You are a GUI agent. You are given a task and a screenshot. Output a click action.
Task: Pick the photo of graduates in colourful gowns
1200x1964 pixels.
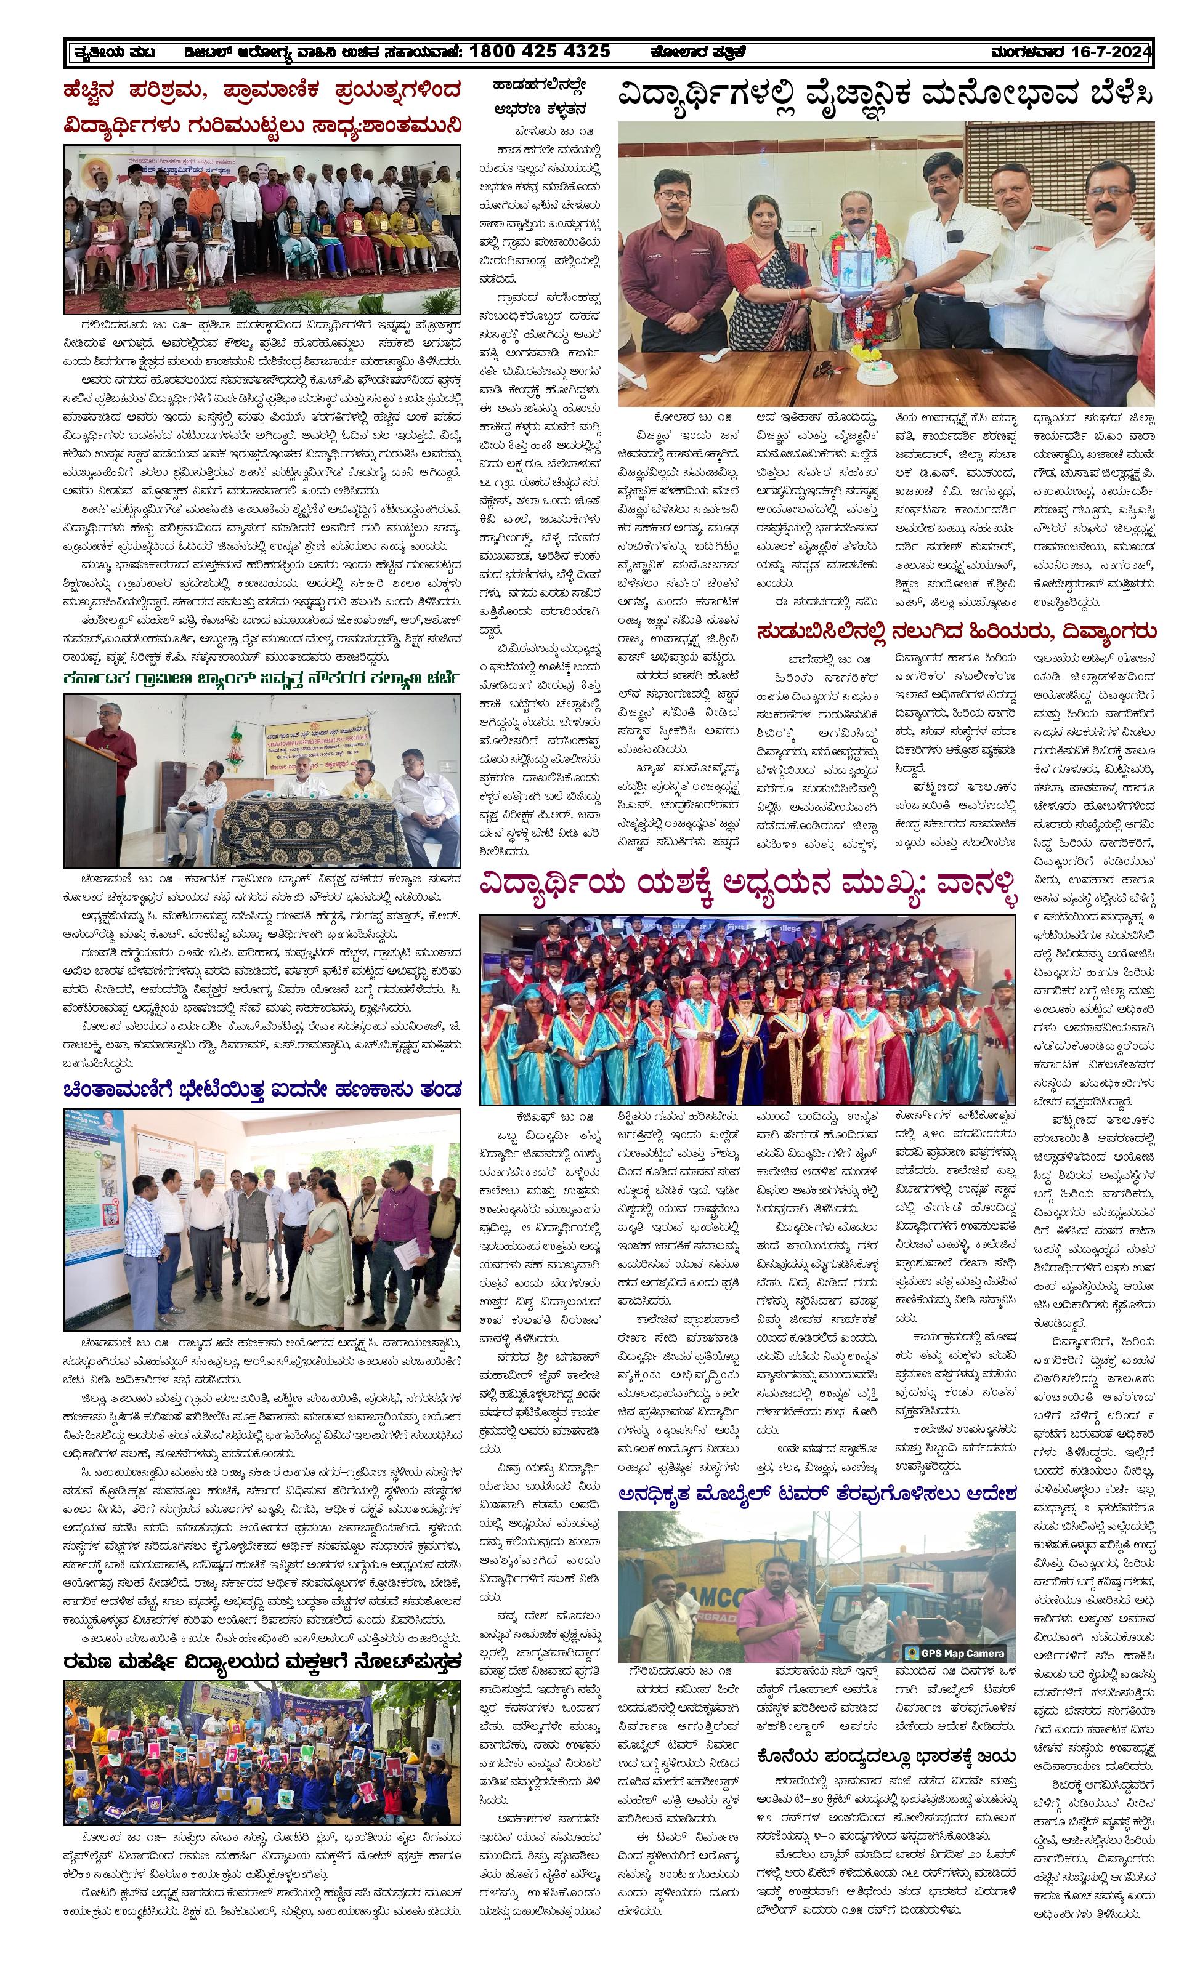coord(747,1009)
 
